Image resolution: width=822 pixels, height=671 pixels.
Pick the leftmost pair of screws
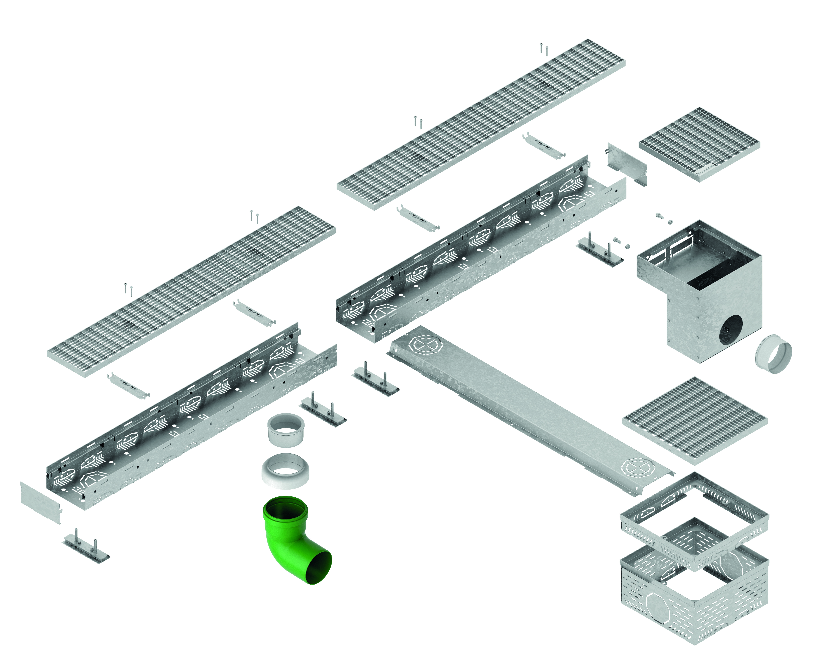point(128,289)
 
